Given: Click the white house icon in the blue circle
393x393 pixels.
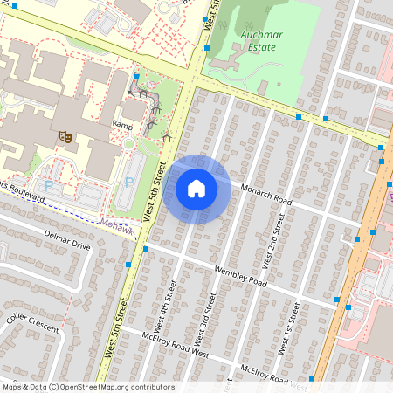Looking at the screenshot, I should [x=196, y=189].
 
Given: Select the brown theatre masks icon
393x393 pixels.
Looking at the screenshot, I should [x=64, y=136].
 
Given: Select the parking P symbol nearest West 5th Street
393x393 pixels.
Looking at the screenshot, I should [x=128, y=183].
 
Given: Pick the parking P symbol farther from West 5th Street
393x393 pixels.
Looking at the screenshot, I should [x=48, y=186].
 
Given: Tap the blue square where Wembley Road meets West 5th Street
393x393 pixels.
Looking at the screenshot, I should [x=146, y=248].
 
